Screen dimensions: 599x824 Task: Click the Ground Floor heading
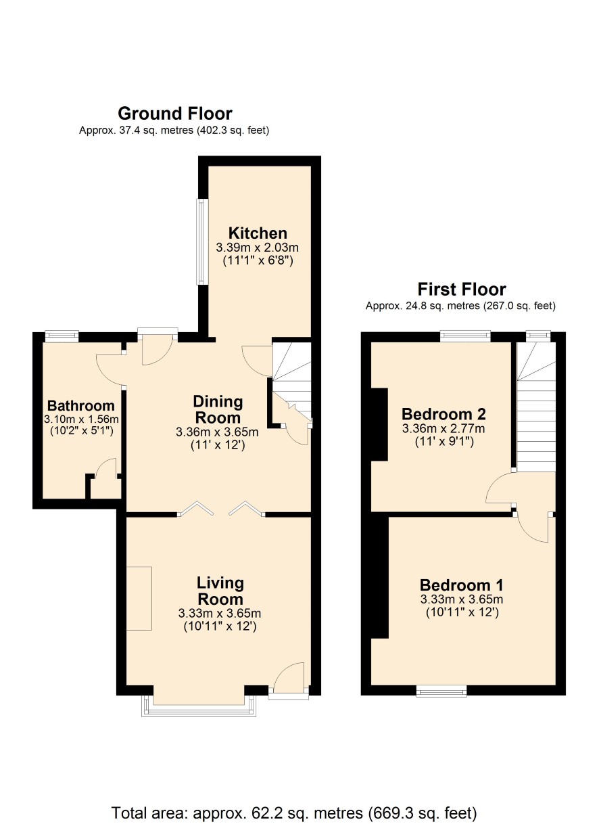pyautogui.click(x=174, y=113)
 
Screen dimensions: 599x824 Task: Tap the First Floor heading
pyautogui.click(x=462, y=289)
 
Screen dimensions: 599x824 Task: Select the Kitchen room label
pyautogui.click(x=258, y=233)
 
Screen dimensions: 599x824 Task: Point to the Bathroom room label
pyautogui.click(x=81, y=405)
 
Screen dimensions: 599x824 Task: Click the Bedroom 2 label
pyautogui.click(x=444, y=414)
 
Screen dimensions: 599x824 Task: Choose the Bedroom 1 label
pyautogui.click(x=461, y=585)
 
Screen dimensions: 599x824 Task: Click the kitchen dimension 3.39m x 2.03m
pyautogui.click(x=258, y=247)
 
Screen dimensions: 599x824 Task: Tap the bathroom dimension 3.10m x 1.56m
pyautogui.click(x=81, y=419)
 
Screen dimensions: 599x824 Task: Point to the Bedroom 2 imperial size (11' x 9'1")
pyautogui.click(x=444, y=441)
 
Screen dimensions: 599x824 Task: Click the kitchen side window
pyautogui.click(x=203, y=242)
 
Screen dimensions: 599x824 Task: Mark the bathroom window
pyautogui.click(x=62, y=337)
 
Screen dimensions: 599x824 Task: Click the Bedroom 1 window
pyautogui.click(x=441, y=691)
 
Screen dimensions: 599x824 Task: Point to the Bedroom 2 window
pyautogui.click(x=466, y=336)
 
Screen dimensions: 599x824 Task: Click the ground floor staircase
pyautogui.click(x=292, y=383)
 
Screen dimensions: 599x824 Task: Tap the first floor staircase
pyautogui.click(x=536, y=407)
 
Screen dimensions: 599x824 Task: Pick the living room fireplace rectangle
pyautogui.click(x=139, y=599)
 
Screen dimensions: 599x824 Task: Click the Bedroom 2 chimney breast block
pyautogui.click(x=379, y=424)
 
